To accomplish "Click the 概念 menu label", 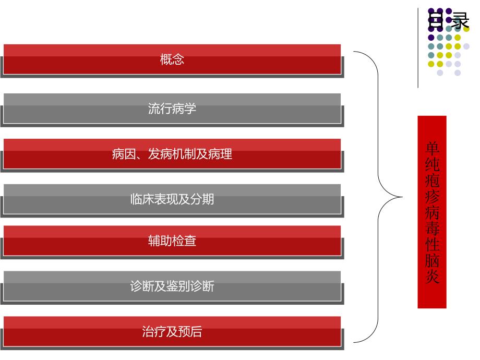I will [x=172, y=59].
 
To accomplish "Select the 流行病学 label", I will [x=172, y=109].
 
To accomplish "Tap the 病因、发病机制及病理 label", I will [x=172, y=154].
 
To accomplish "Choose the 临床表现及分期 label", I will [x=172, y=199].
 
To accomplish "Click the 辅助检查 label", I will [x=172, y=242].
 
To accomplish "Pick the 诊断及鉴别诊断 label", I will [x=172, y=286].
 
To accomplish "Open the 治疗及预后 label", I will [x=172, y=332].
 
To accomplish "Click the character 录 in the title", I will [x=460, y=21].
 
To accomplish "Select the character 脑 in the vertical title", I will [x=432, y=260].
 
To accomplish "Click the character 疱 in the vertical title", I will [x=432, y=181].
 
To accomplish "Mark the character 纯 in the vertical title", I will [x=432, y=165].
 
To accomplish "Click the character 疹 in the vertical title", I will [x=432, y=197].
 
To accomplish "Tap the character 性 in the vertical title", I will [x=432, y=244].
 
